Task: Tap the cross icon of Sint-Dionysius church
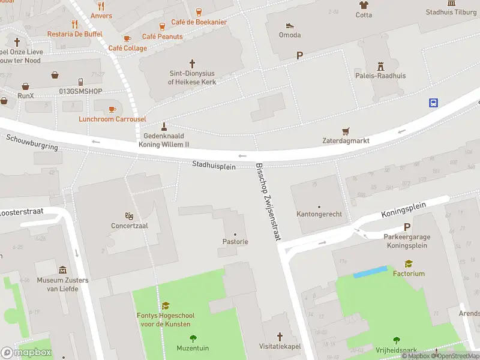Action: coord(192,63)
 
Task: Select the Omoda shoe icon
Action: coord(290,25)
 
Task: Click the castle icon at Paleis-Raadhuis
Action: coord(380,65)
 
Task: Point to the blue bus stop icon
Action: coord(433,103)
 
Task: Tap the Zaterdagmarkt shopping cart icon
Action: coord(345,131)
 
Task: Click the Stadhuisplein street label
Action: coord(214,165)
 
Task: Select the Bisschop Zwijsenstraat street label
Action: coord(268,202)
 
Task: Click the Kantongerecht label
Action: coord(319,214)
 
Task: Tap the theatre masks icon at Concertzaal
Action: coord(129,216)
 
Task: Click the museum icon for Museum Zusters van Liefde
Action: coord(62,271)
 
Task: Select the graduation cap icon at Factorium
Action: coord(409,263)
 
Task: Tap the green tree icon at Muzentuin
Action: coord(193,338)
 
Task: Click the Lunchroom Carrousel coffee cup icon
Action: coord(112,109)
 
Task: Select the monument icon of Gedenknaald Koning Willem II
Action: coord(164,127)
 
